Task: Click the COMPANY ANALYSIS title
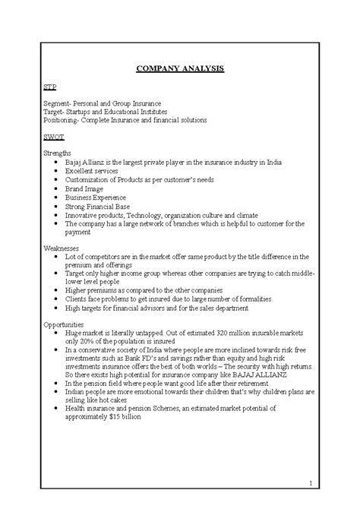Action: [x=180, y=69]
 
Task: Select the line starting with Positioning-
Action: [x=125, y=120]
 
